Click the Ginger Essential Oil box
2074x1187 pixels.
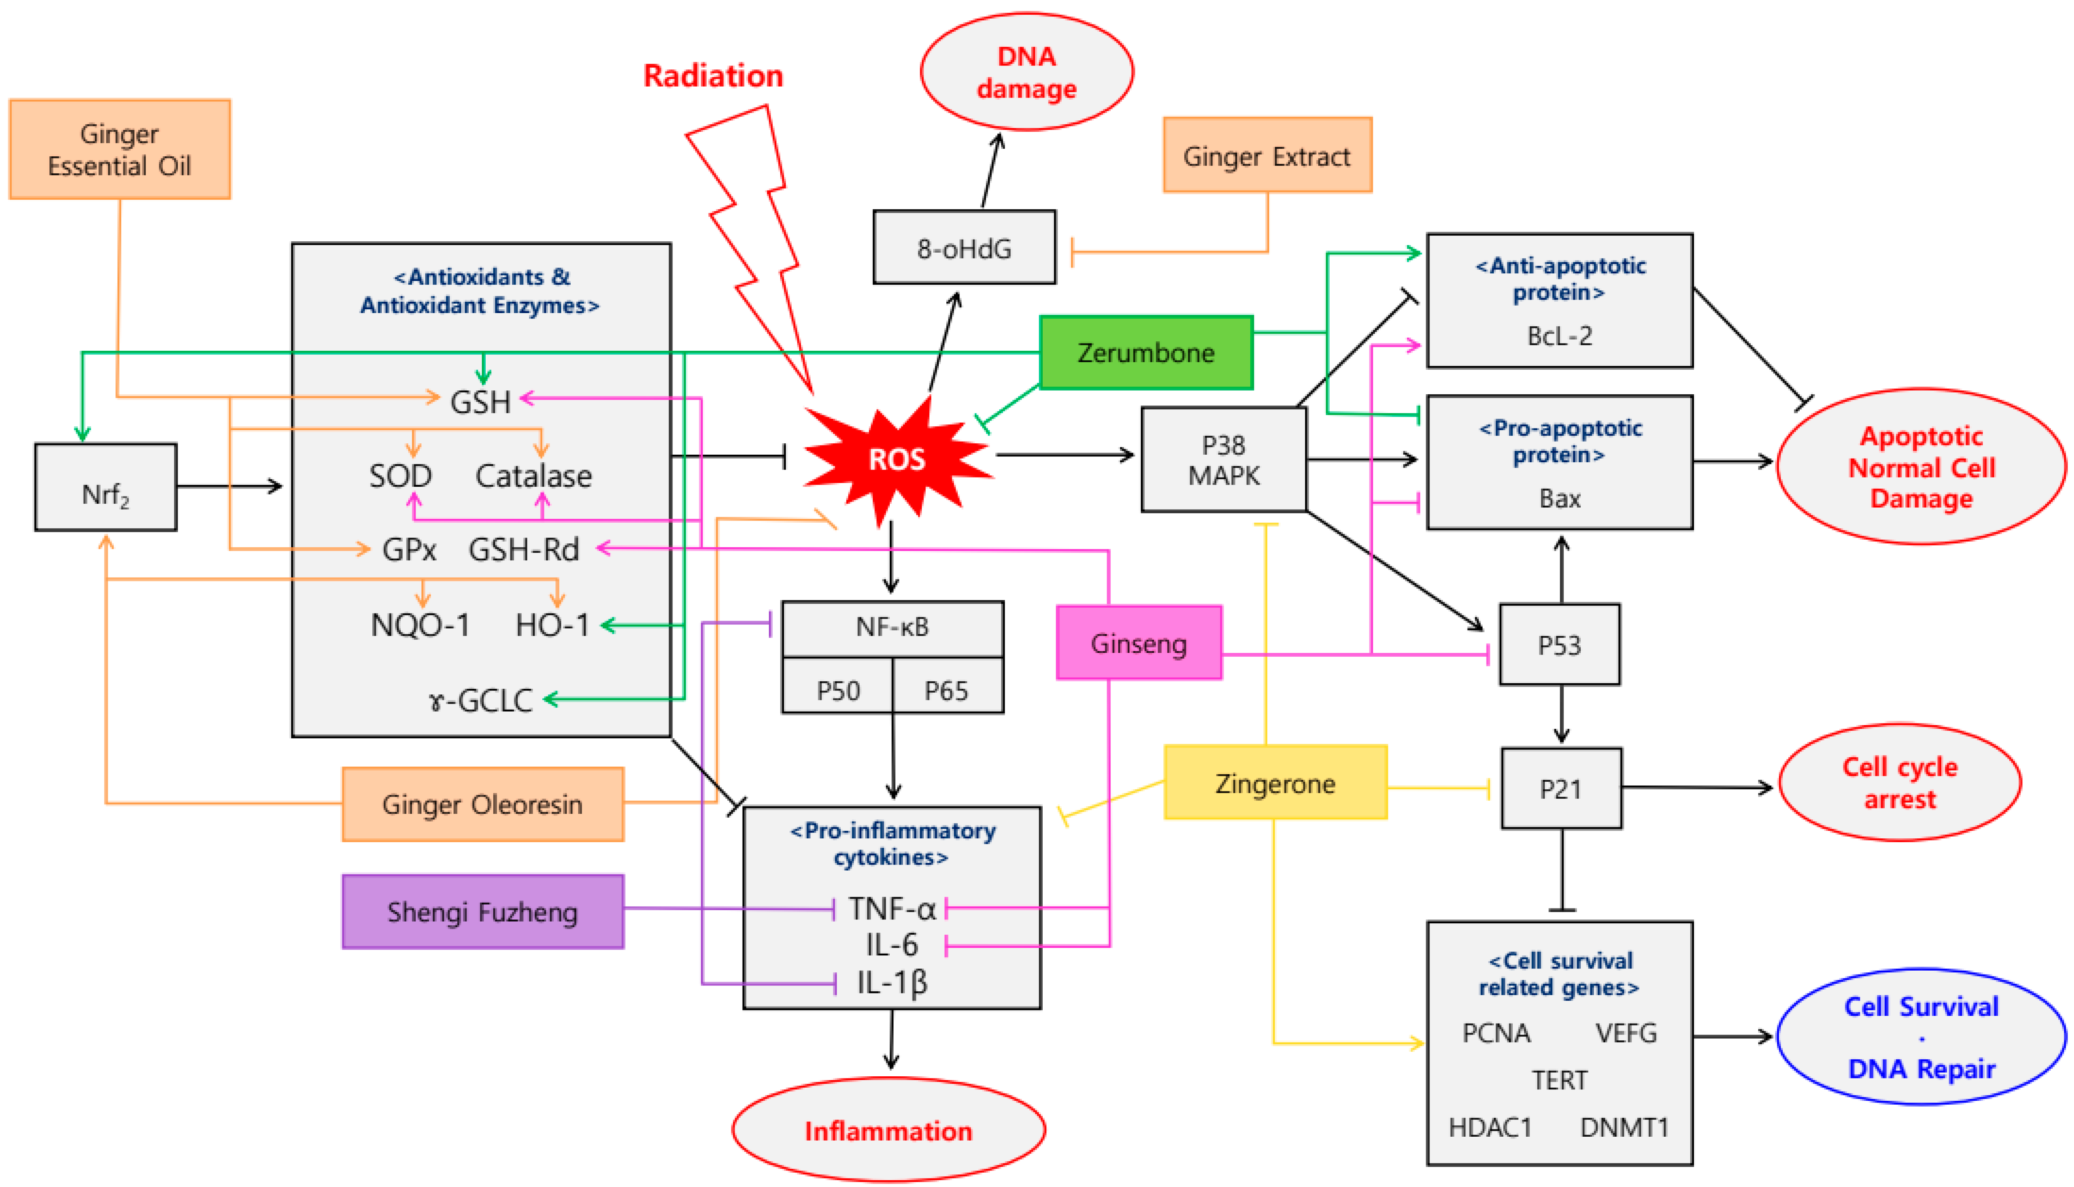[x=120, y=149]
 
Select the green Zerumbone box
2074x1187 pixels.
[x=1145, y=352]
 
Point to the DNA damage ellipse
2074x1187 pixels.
[x=1026, y=72]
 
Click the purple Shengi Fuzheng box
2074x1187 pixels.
[x=483, y=911]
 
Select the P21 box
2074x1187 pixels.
[x=1560, y=789]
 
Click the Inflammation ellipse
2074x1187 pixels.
[x=888, y=1130]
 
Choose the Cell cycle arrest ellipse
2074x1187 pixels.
[x=1899, y=783]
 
